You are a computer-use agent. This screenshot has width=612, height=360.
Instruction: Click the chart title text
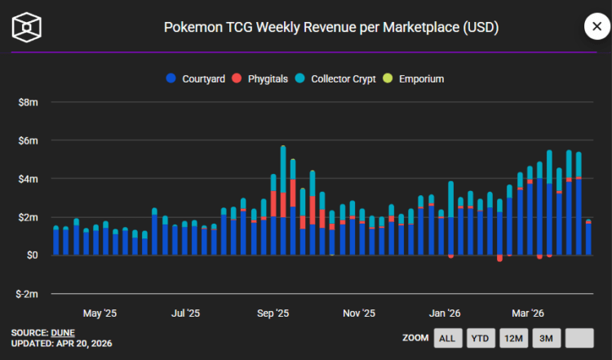point(331,28)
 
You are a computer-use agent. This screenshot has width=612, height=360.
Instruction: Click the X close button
point(596,27)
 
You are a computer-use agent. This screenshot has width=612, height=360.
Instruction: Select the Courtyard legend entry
point(196,79)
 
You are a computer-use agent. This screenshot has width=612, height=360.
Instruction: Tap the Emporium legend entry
point(415,79)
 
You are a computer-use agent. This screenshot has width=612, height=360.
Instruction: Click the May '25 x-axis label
point(100,313)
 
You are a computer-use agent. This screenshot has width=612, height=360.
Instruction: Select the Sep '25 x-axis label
point(273,313)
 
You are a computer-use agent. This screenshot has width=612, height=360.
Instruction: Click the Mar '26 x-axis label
point(527,313)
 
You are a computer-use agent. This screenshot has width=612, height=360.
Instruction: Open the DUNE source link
point(63,332)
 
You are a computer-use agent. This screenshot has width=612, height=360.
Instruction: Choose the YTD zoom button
point(481,338)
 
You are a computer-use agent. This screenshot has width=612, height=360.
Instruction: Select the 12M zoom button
point(514,338)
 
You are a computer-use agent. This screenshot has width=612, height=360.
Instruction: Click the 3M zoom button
point(547,338)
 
